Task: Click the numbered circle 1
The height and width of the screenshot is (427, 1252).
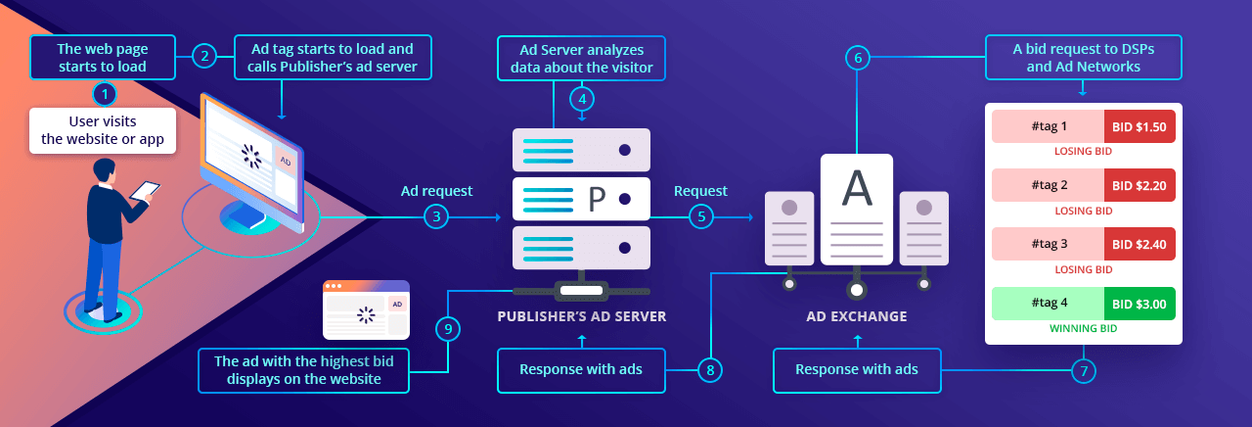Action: pyautogui.click(x=104, y=94)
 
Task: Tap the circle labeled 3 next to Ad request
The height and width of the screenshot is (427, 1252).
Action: pyautogui.click(x=435, y=217)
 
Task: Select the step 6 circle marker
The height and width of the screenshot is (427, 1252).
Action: pyautogui.click(x=858, y=58)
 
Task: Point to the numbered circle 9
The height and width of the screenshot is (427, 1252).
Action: pyautogui.click(x=448, y=329)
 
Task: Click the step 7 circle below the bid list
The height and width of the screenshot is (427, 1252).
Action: pyautogui.click(x=1084, y=370)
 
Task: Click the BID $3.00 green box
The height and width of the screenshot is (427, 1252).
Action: pyautogui.click(x=1140, y=304)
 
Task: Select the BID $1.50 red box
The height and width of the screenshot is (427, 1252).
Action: pyautogui.click(x=1140, y=126)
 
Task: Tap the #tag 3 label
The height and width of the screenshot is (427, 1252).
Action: pyautogui.click(x=1049, y=244)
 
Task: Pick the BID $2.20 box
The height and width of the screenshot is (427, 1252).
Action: pyautogui.click(x=1140, y=185)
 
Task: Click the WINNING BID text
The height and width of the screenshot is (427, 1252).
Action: pyautogui.click(x=1084, y=328)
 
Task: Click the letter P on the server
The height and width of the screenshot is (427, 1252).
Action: pyautogui.click(x=597, y=199)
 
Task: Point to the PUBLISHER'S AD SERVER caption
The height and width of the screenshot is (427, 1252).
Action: pyautogui.click(x=582, y=316)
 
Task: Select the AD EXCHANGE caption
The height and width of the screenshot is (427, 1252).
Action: pyautogui.click(x=857, y=316)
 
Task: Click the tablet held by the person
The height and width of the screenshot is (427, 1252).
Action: pyautogui.click(x=145, y=190)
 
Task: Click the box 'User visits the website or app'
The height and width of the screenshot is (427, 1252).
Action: pyautogui.click(x=103, y=131)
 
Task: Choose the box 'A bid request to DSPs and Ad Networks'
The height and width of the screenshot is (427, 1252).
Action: pyautogui.click(x=1084, y=57)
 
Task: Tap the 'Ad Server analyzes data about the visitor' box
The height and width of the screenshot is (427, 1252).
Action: pyautogui.click(x=582, y=57)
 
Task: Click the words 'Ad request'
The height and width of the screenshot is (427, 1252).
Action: pyautogui.click(x=436, y=190)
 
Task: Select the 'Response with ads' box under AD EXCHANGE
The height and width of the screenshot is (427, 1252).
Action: pyautogui.click(x=857, y=369)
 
